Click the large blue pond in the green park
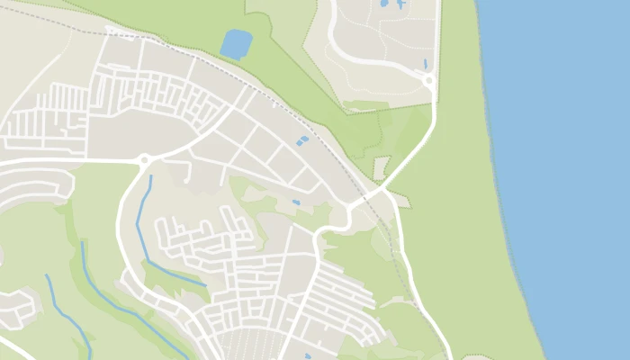pos(236,43)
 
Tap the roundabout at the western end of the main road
pos(143,161)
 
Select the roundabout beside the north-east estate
pos(428,80)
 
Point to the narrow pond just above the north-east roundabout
pos(426,64)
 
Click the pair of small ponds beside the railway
pos(301,141)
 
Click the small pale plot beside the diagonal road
pos(382,167)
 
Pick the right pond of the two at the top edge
pos(399,4)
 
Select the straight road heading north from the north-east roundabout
pos(438,36)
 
